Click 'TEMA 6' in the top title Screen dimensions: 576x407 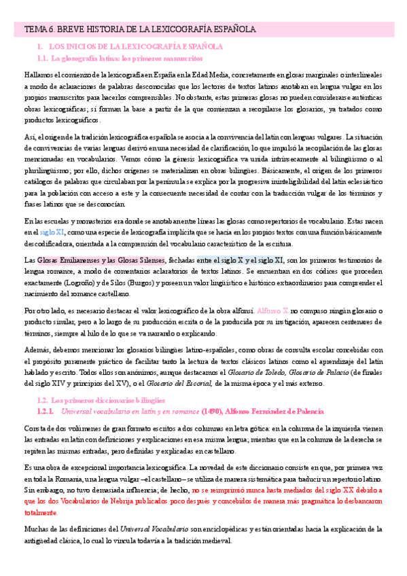coord(36,30)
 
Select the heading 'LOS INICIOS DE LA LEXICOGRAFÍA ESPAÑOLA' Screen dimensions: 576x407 coord(136,47)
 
